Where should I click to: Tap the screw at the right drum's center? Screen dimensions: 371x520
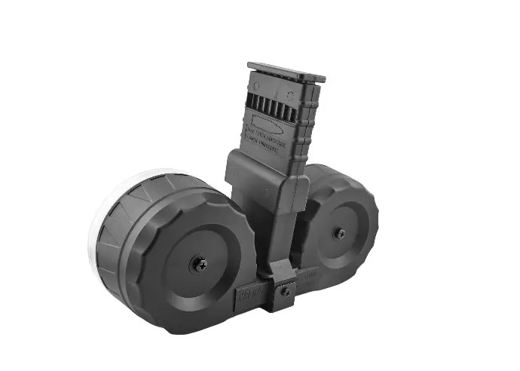pos(339,234)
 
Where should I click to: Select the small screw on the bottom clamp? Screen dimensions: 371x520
pos(286,291)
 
